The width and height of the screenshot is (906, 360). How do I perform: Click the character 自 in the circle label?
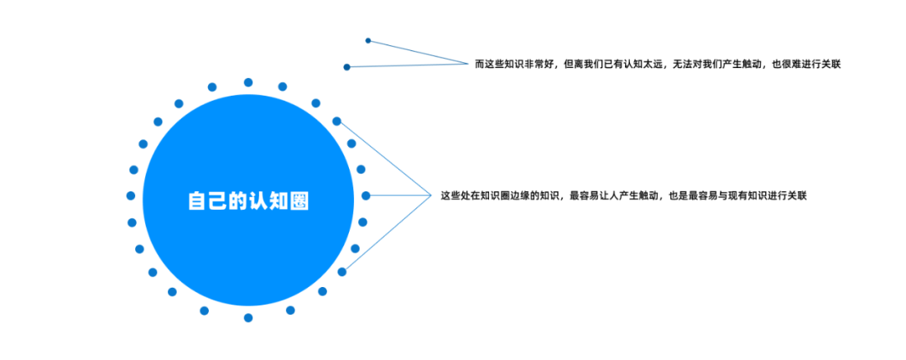197,201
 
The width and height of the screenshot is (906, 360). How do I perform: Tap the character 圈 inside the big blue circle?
299,201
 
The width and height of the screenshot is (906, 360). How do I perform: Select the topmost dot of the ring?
248,82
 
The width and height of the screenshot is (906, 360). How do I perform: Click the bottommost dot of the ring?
248,317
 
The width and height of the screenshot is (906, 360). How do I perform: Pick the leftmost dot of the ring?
131,196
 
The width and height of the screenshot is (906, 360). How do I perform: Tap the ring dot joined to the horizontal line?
366,196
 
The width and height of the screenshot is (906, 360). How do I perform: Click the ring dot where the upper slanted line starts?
337,122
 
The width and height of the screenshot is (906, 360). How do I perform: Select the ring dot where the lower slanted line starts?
342,272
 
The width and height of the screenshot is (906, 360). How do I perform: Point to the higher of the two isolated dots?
368,40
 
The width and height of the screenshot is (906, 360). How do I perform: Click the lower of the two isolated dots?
346,67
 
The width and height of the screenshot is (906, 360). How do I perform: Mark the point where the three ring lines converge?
432,196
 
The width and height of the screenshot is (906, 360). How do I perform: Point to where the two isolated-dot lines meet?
468,64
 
